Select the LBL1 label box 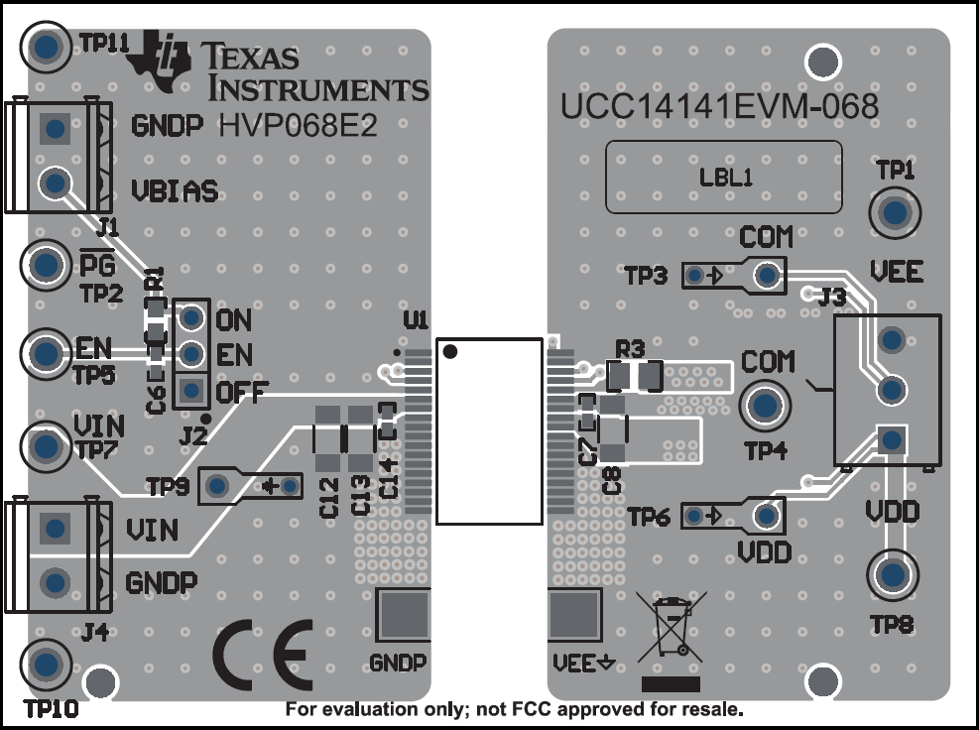pyautogui.click(x=723, y=178)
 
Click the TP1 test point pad pyautogui.click(x=895, y=212)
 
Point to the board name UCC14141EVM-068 pyautogui.click(x=719, y=105)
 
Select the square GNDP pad pyautogui.click(x=403, y=615)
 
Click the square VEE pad pyautogui.click(x=575, y=615)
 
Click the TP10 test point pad pyautogui.click(x=45, y=663)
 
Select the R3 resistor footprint pyautogui.click(x=634, y=376)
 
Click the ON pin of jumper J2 pyautogui.click(x=191, y=318)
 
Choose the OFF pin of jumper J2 pyautogui.click(x=191, y=390)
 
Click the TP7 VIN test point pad pyautogui.click(x=45, y=446)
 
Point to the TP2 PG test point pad pyautogui.click(x=45, y=264)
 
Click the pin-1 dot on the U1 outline pyautogui.click(x=449, y=351)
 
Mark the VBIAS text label pyautogui.click(x=175, y=190)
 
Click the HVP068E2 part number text pyautogui.click(x=298, y=127)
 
